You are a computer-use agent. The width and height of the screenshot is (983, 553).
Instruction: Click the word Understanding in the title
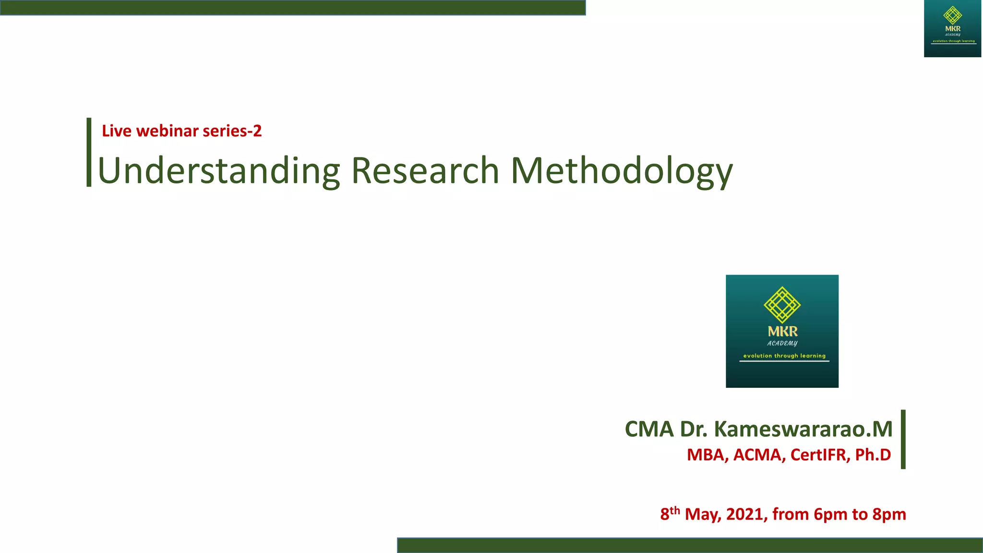point(218,171)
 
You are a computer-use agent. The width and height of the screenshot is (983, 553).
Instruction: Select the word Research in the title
point(425,171)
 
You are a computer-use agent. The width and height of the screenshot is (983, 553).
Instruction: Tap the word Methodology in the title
point(622,172)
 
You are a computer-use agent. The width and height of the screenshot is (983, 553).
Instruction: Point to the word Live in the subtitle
point(117,131)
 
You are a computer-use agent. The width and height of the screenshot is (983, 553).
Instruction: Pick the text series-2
point(232,131)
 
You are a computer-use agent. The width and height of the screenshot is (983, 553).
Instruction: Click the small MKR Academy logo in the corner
point(952,29)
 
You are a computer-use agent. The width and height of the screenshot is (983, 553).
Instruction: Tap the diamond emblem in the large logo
point(782,304)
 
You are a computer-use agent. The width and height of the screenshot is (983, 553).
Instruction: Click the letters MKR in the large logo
point(782,331)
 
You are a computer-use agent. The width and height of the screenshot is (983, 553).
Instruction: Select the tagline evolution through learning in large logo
point(784,356)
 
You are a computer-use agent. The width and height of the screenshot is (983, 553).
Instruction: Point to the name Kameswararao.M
point(803,429)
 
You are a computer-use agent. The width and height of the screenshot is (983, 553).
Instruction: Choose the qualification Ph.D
point(873,455)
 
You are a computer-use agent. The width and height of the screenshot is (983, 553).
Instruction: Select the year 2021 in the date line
point(746,514)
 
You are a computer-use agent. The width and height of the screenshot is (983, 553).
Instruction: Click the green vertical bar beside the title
point(89,152)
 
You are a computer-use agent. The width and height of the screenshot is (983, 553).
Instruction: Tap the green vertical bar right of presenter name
point(903,439)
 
